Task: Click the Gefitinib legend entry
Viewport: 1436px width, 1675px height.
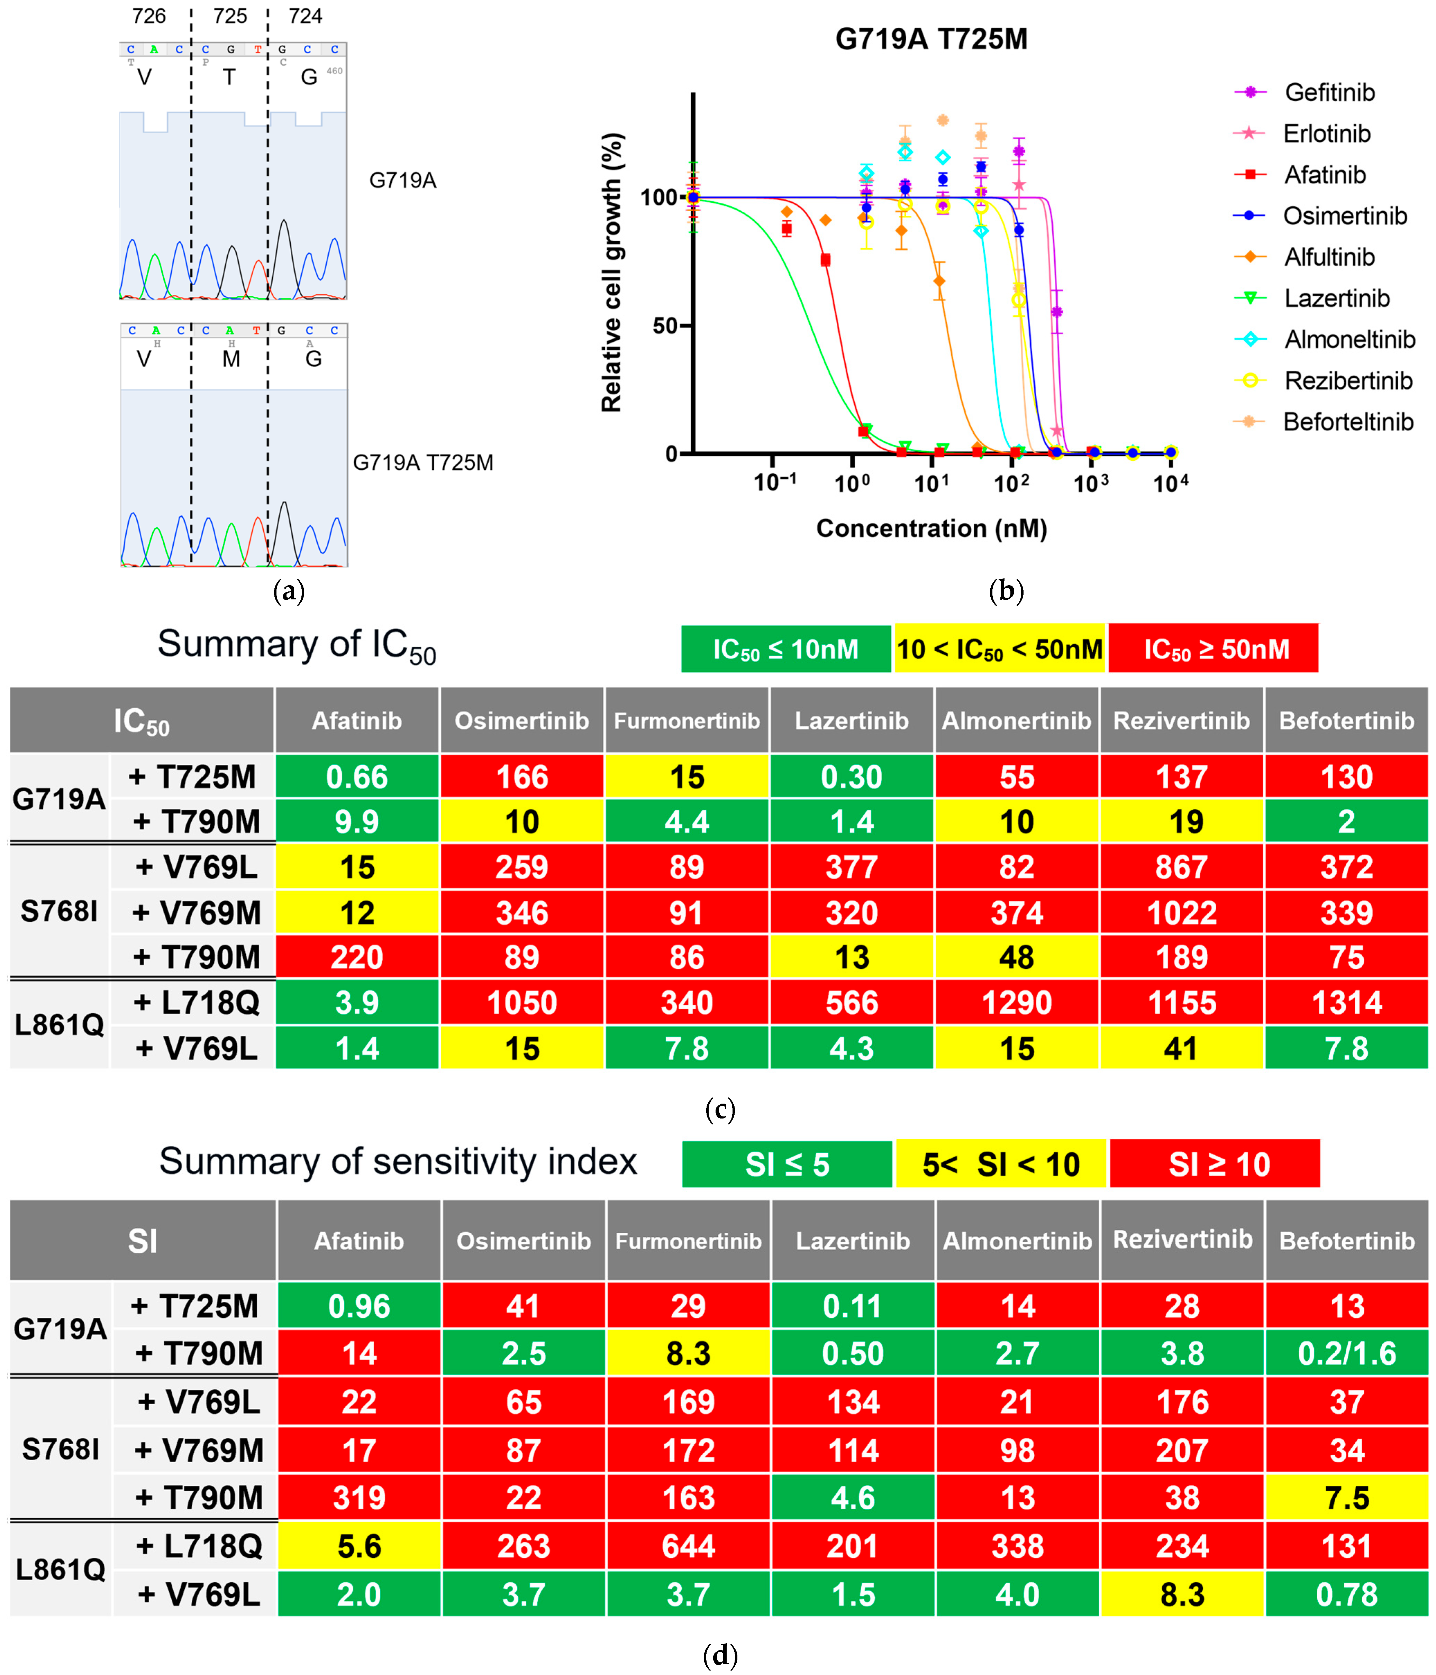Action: point(1328,92)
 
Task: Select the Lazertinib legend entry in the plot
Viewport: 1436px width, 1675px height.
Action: point(1336,298)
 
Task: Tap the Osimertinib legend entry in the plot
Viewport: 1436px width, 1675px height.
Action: point(1344,216)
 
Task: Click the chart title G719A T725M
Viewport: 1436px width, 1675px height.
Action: point(931,39)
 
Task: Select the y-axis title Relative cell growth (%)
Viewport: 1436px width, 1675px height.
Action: point(612,273)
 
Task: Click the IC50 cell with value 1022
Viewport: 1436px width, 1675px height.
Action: point(1181,913)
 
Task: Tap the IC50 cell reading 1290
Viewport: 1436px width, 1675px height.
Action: point(1016,1002)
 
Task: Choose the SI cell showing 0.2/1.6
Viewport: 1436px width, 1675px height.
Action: point(1346,1353)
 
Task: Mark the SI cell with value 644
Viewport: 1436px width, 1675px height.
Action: point(688,1546)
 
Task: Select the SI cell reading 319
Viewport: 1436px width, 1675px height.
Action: point(359,1498)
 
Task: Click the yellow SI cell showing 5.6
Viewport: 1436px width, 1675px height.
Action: point(359,1546)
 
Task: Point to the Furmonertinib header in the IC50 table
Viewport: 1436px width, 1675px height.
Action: point(687,720)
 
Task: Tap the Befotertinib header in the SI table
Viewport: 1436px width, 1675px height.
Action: point(1346,1241)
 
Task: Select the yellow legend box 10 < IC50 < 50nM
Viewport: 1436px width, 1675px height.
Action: point(999,648)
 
